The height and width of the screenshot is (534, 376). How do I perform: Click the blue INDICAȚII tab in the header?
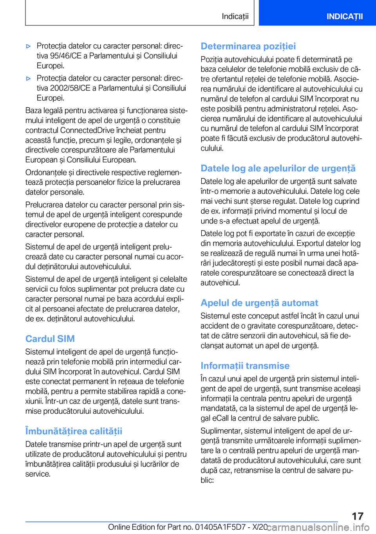344,16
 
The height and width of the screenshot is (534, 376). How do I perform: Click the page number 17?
357,516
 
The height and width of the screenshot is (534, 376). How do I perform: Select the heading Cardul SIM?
50,339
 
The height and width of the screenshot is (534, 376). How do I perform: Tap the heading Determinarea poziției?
248,46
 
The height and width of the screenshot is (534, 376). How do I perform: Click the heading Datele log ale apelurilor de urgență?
278,168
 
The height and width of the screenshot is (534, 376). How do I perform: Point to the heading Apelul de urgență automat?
259,303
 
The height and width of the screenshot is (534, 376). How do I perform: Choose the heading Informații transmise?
245,366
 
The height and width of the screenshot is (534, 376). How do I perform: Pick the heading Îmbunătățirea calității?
74,431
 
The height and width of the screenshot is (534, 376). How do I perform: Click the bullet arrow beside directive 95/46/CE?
28,46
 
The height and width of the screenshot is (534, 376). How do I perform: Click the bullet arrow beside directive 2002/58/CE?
28,78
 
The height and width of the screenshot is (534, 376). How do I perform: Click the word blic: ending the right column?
207,480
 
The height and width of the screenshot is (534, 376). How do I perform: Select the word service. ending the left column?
38,474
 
